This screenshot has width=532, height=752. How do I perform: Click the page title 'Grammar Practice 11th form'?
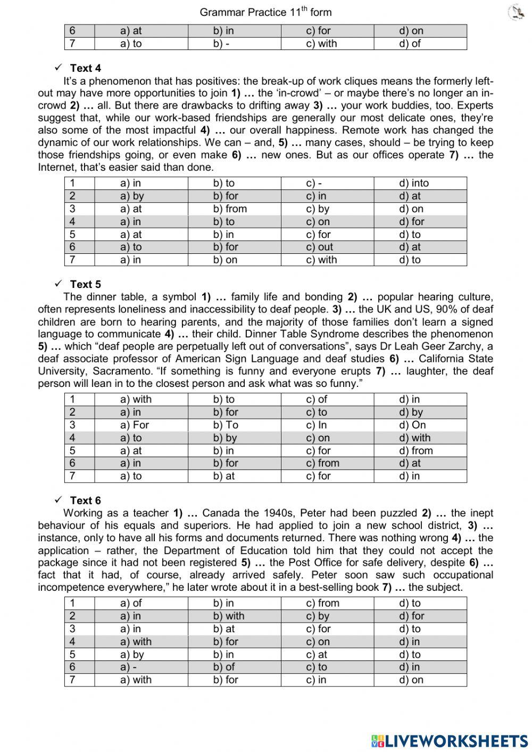265,12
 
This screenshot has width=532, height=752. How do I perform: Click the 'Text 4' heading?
85,68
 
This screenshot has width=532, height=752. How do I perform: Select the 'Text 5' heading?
85,284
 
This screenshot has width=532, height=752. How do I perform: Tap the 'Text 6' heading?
85,500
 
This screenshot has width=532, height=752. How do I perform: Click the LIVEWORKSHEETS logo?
450,740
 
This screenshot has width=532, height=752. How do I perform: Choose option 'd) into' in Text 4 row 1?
413,183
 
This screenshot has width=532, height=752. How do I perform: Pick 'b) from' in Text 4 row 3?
230,209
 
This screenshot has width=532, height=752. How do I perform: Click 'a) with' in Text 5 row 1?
136,399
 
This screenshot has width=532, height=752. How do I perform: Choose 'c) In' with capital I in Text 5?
317,425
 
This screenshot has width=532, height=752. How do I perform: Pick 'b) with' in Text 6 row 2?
229,616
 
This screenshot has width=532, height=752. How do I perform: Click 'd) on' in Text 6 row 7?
411,680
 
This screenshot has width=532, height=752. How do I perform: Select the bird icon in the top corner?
516,12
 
